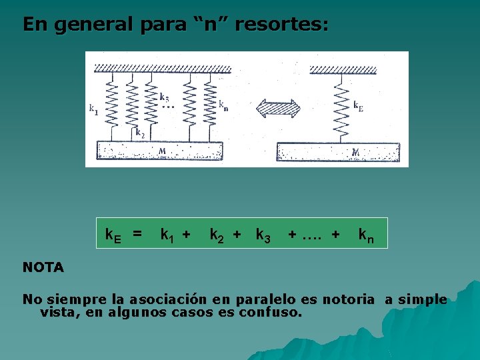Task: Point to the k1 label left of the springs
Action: click(x=94, y=109)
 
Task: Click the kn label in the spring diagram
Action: click(x=223, y=105)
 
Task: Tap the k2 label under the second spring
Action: click(x=140, y=132)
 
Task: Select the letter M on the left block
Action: click(x=162, y=151)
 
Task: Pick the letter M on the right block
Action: click(x=355, y=153)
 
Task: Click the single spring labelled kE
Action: click(x=341, y=107)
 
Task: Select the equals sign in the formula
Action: click(x=137, y=234)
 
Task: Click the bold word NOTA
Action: click(x=43, y=268)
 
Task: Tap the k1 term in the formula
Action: click(x=169, y=235)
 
